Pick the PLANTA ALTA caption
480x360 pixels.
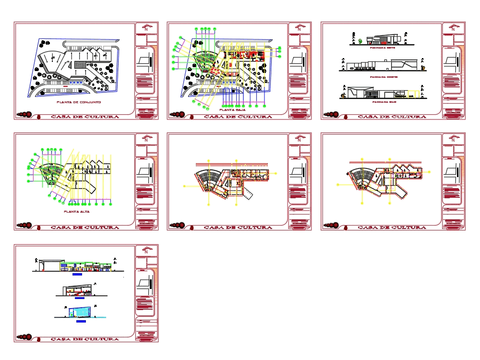[77, 211]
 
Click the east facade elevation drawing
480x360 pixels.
[382, 40]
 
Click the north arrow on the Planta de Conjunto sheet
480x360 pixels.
[146, 28]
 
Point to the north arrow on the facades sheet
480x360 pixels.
[453, 28]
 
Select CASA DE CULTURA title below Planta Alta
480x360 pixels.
[85, 228]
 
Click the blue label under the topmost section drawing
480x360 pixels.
[77, 276]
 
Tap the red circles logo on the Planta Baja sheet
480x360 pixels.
[178, 115]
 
